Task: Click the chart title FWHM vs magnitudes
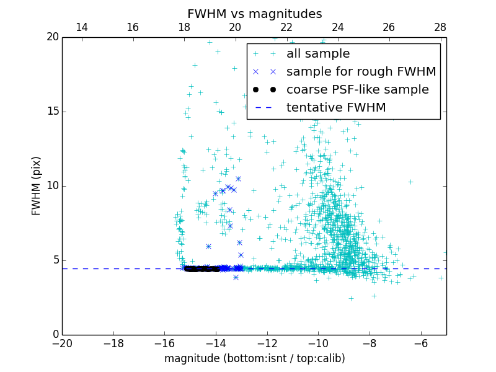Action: (x=254, y=14)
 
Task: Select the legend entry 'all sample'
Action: (x=317, y=54)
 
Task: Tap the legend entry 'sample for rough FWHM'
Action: (x=361, y=72)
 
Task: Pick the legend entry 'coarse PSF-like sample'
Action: (x=357, y=90)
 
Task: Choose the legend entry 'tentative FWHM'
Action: (x=335, y=108)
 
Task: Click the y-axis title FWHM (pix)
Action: (x=37, y=186)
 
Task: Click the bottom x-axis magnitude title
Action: (x=254, y=358)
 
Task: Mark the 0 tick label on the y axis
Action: (x=55, y=335)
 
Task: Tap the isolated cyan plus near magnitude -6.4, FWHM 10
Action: (x=410, y=182)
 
